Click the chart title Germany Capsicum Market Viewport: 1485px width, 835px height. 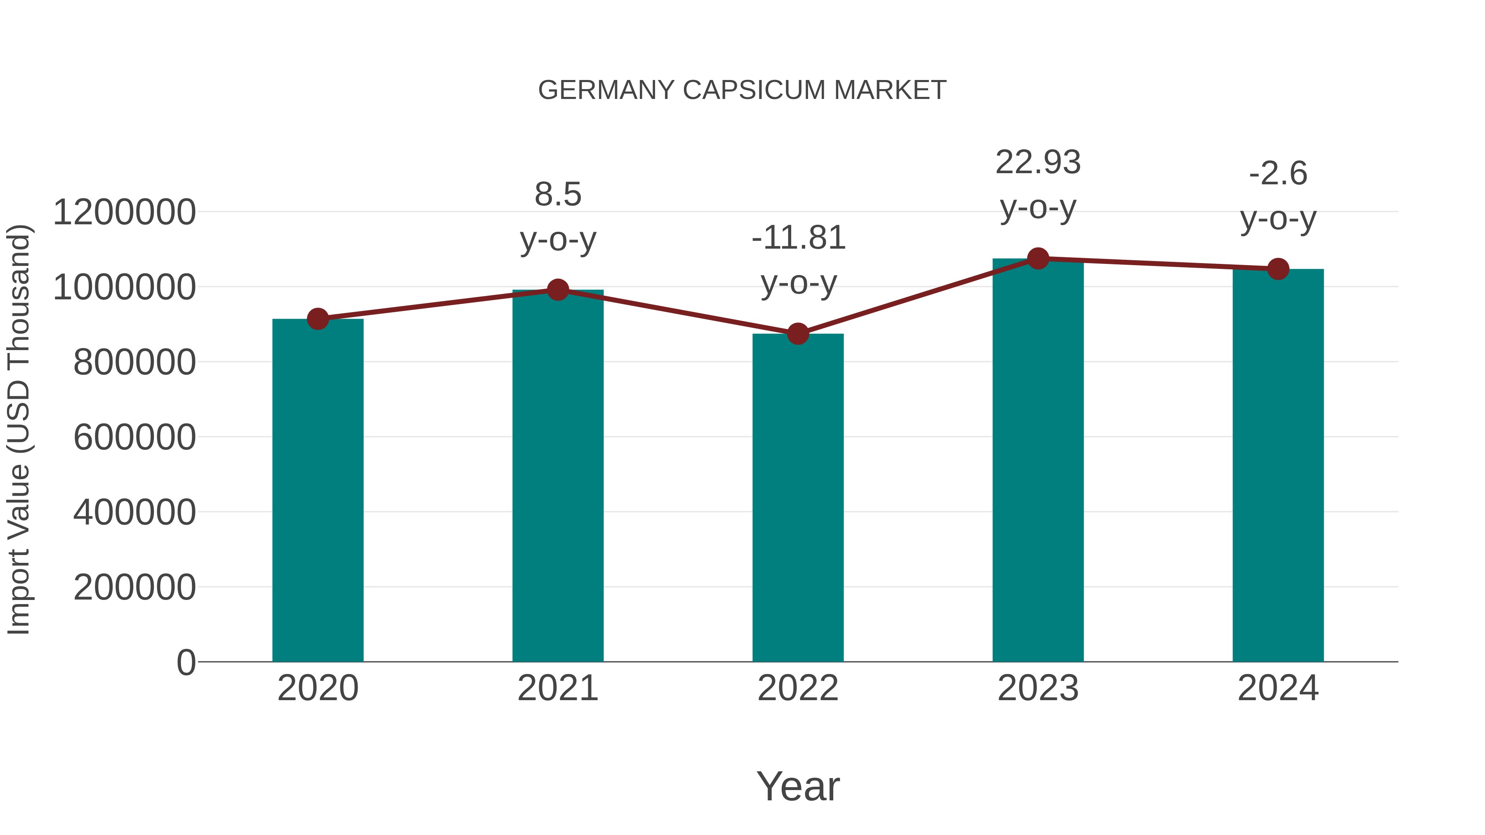click(742, 90)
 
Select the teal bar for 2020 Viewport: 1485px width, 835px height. click(318, 490)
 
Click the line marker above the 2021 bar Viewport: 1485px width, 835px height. click(557, 290)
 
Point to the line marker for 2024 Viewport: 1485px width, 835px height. click(1278, 268)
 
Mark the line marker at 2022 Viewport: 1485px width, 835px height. click(798, 334)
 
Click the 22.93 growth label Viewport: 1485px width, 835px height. click(1038, 162)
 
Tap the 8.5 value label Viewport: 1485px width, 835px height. click(557, 194)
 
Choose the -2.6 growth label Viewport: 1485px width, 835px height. click(1278, 174)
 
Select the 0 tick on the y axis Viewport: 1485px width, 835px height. click(186, 662)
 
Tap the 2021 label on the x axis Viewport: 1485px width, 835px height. click(557, 688)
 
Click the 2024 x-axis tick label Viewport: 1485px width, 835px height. click(1278, 688)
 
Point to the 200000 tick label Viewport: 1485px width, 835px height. click(134, 587)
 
